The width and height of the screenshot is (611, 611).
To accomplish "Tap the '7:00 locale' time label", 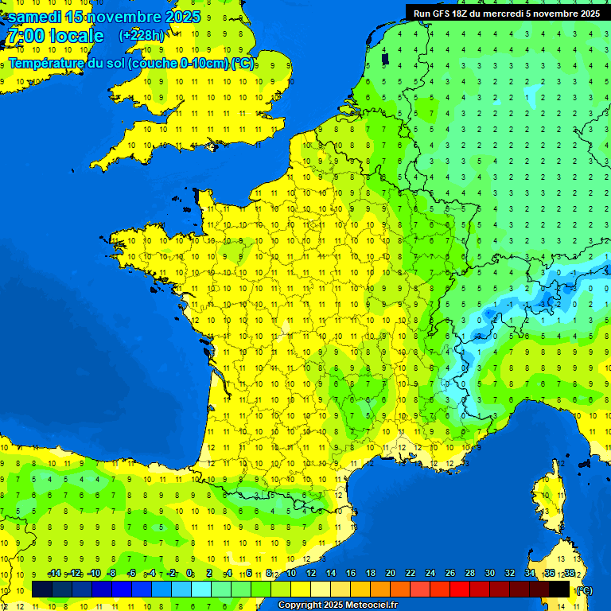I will coord(55,36).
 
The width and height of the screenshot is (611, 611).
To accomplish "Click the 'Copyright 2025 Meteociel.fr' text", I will coord(337,605).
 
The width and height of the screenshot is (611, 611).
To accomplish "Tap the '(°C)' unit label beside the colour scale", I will coord(584,590).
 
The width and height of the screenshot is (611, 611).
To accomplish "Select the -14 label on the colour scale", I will coord(54,574).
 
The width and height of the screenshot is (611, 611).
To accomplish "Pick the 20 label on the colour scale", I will coord(390,574).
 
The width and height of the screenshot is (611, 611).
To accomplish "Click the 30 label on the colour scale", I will coord(489,574).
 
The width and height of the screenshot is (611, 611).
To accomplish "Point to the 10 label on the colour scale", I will coord(291,574).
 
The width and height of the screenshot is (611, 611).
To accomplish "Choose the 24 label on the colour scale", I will coord(430,574).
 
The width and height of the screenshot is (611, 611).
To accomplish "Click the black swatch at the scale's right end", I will coord(559,590).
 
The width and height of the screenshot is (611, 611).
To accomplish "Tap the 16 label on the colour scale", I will coord(350,574).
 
